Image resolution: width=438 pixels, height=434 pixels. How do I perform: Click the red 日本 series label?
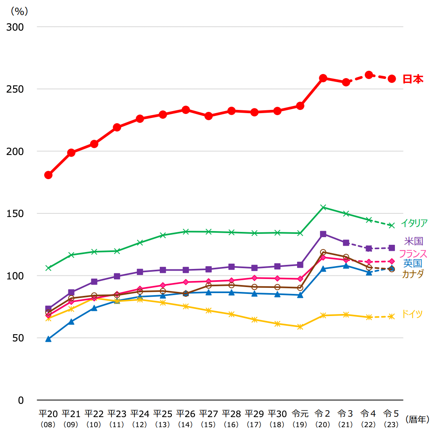coord(413,79)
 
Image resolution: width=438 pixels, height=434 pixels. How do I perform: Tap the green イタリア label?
coord(414,223)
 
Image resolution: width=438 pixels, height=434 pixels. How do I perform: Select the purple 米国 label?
coord(413,242)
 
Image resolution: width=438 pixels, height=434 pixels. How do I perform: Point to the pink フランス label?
coord(413,254)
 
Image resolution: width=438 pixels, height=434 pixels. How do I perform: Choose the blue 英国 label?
coord(413,264)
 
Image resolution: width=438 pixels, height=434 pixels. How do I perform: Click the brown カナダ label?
coord(413,274)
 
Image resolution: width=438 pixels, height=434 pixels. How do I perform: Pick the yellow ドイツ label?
coord(412,314)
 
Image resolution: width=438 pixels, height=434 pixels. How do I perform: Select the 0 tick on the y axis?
coord(21,400)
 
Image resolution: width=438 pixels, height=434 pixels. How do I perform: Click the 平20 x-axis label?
coord(48,414)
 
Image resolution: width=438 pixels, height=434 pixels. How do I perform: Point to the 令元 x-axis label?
coord(300,414)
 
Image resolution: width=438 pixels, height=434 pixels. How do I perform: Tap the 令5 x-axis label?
coord(391,414)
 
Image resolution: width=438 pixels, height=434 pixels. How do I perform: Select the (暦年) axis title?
coord(418,419)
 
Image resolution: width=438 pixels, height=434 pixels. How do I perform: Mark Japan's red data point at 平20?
coord(48,175)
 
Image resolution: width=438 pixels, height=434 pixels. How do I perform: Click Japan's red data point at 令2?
coord(323,78)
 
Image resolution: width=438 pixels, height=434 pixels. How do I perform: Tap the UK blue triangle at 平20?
coord(48,339)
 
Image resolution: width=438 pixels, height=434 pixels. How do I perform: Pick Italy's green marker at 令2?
coord(323,207)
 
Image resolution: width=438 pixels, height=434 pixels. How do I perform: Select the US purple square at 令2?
coord(323,234)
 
